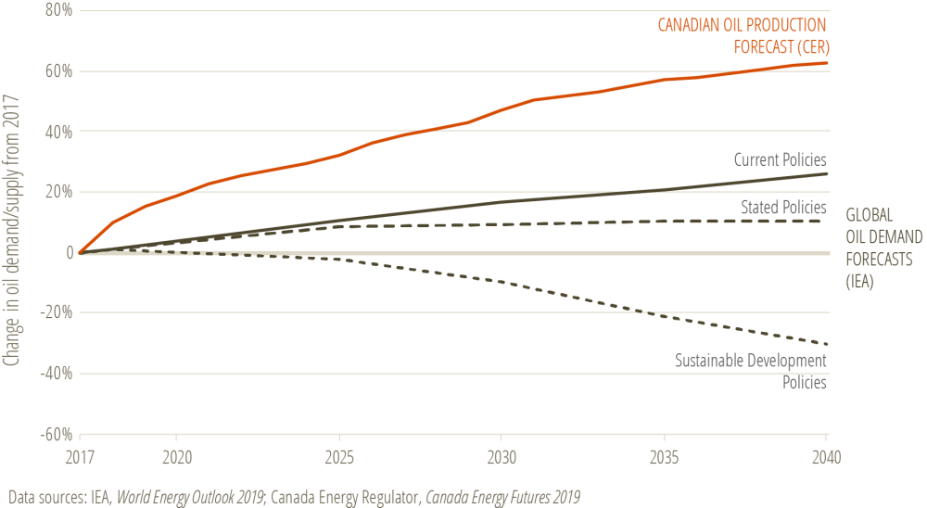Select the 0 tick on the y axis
point(68,252)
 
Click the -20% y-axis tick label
point(57,312)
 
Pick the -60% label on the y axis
point(57,434)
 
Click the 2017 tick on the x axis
point(80,458)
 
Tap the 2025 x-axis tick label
point(338,458)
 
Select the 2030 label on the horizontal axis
point(501,458)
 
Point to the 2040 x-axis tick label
point(825,458)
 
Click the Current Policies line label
point(780,160)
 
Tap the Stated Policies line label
point(783,206)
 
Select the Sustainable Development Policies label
point(750,371)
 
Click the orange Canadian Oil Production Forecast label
point(742,34)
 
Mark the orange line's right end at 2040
point(826,63)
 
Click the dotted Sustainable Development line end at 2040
point(826,344)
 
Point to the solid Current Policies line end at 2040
point(826,174)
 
